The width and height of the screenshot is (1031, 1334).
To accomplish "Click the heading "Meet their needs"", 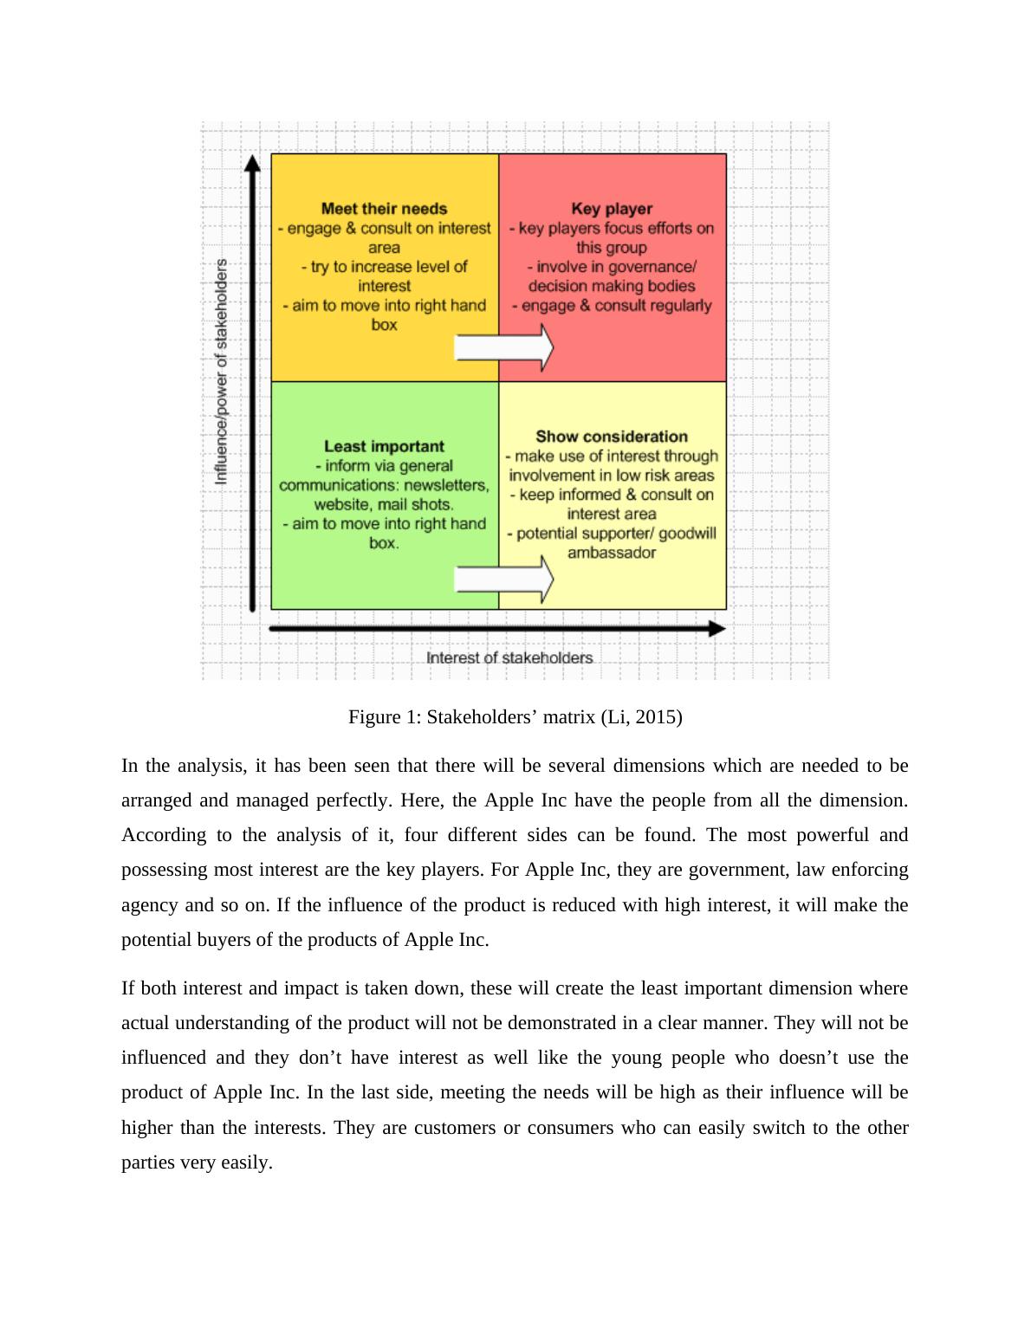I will tap(384, 209).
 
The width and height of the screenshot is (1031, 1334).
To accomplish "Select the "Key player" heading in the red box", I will tap(612, 209).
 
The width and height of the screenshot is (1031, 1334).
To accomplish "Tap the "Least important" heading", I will tap(384, 446).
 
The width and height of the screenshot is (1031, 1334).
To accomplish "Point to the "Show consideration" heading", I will tap(612, 437).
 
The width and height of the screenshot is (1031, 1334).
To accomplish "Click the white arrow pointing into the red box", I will tap(504, 347).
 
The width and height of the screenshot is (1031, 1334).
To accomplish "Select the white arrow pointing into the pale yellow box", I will tap(504, 579).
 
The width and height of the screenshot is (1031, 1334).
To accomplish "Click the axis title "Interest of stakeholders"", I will tap(509, 657).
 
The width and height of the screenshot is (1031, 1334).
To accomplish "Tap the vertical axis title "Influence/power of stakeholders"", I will tap(222, 371).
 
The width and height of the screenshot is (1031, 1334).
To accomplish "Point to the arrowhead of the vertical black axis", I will tap(252, 164).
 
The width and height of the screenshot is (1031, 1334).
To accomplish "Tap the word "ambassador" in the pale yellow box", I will tap(612, 553).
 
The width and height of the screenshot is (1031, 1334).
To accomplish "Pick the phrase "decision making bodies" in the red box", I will tap(612, 286).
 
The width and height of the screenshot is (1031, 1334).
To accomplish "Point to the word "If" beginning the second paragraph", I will tap(128, 988).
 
